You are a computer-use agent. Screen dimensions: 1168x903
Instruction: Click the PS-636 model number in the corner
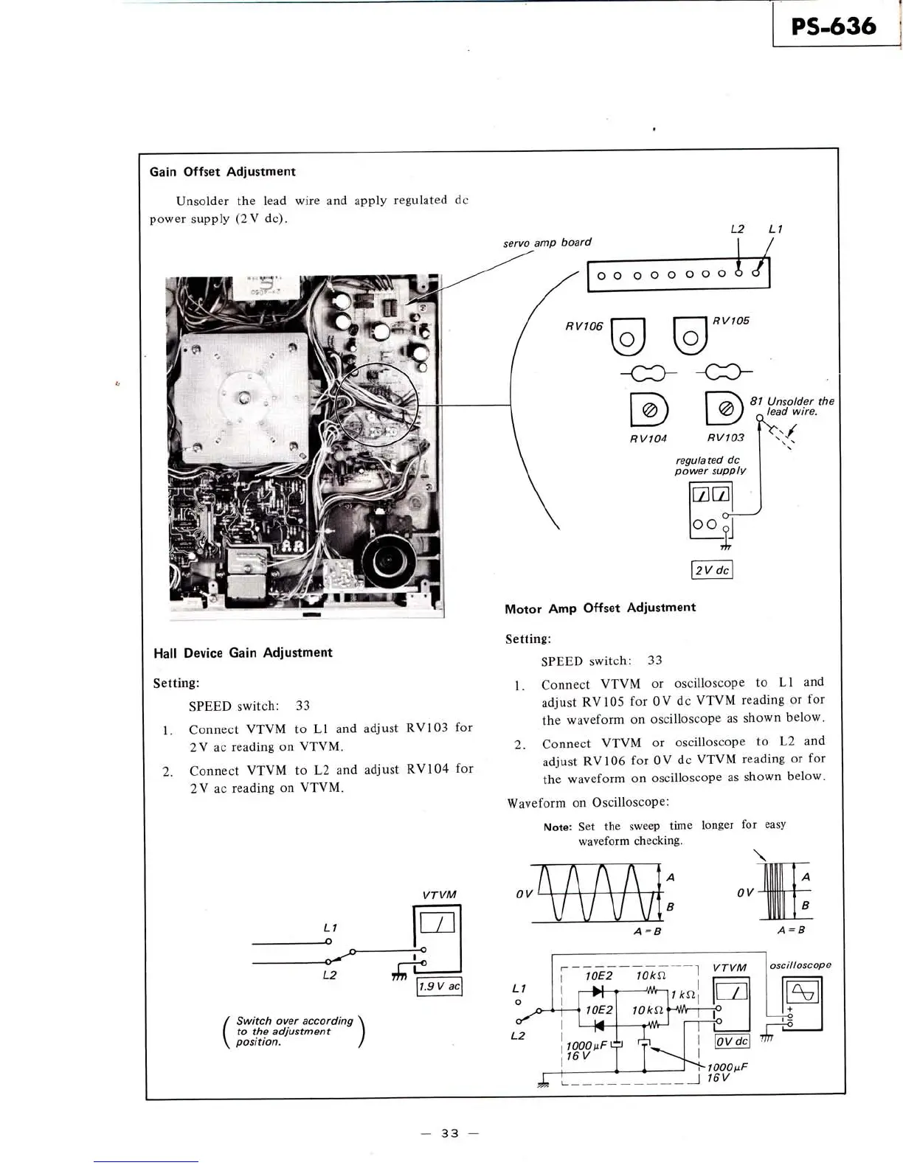(834, 27)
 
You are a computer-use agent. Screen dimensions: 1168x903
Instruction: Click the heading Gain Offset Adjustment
(222, 172)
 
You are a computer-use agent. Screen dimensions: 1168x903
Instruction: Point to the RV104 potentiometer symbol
(649, 410)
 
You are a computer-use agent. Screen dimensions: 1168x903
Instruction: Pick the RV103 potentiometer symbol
(724, 408)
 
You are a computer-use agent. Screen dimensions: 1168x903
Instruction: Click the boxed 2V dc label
(712, 570)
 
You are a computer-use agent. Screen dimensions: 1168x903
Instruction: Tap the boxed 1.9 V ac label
(439, 987)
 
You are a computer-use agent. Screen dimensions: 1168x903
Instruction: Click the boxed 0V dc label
(732, 1041)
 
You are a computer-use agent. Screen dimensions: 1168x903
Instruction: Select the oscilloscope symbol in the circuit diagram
(803, 993)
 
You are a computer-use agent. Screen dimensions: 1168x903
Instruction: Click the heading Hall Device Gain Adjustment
(243, 653)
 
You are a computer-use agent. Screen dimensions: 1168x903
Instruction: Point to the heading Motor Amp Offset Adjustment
(600, 608)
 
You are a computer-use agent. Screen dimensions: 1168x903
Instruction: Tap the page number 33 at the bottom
(450, 1133)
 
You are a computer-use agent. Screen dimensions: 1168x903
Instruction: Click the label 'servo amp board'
(547, 242)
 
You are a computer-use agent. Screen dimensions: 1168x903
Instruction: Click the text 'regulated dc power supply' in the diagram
(710, 465)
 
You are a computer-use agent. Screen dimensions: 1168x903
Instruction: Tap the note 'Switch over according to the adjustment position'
(294, 1031)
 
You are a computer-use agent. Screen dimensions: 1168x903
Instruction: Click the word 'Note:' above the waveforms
(558, 827)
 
